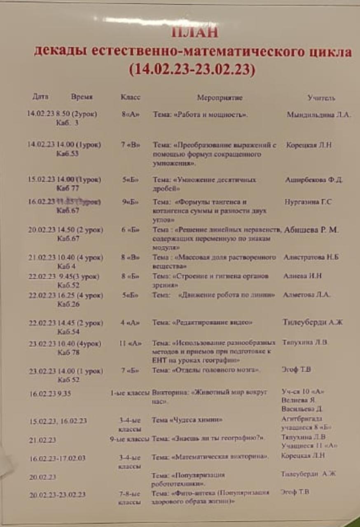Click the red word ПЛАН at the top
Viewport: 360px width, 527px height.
point(194,32)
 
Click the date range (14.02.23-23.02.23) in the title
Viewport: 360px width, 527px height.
point(192,69)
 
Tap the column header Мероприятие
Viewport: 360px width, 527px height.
point(220,98)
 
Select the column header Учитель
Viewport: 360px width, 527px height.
point(321,98)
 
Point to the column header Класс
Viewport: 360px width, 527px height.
point(130,98)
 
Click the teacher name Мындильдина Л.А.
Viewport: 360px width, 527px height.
point(318,115)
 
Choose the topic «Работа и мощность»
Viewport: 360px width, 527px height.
point(200,115)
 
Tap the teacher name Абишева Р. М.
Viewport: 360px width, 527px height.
point(311,230)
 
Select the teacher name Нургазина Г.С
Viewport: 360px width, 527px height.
point(308,202)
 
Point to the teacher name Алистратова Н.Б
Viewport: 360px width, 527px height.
point(311,257)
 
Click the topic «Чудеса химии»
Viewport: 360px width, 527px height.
point(187,420)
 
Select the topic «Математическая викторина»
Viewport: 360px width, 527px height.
point(210,457)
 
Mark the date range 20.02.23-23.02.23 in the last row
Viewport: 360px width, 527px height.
point(57,494)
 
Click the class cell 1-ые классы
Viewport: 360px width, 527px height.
point(129,393)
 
